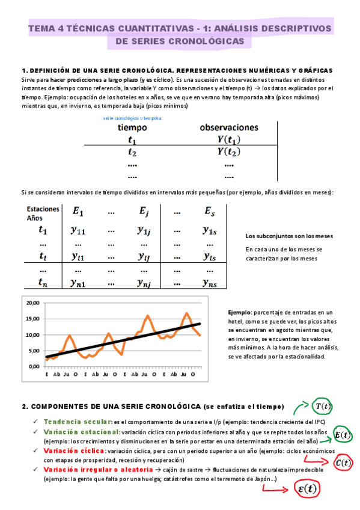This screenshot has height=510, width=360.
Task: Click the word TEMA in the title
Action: click(x=43, y=28)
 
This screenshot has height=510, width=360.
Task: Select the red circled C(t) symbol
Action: click(x=343, y=462)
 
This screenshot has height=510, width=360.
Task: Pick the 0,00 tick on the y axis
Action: click(x=34, y=366)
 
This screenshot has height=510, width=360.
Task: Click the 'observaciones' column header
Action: click(x=229, y=127)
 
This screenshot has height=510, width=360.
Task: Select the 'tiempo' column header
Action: click(x=132, y=127)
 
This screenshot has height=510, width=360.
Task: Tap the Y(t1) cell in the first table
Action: click(x=229, y=140)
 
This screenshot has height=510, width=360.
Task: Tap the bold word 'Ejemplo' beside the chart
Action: click(x=241, y=313)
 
